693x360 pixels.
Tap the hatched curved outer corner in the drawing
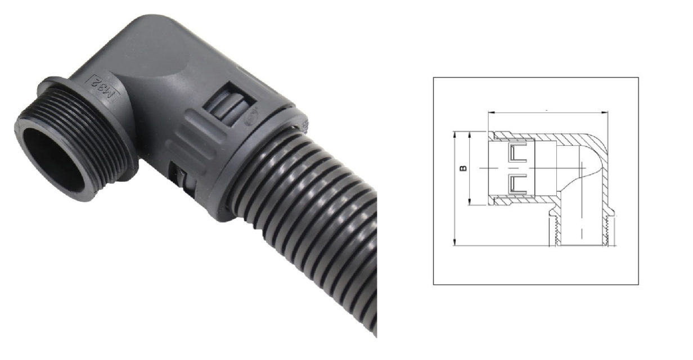596,143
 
